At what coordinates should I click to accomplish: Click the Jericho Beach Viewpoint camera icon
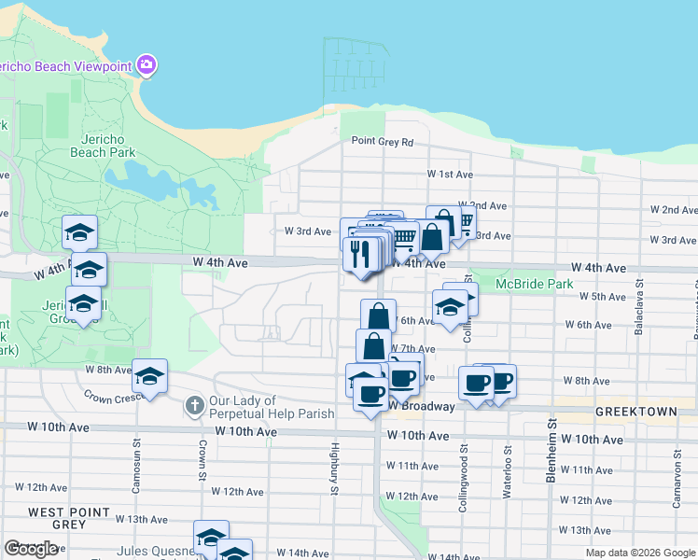pos(146,65)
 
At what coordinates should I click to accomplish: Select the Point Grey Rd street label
pos(382,142)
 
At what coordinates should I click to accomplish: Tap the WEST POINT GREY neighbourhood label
pos(71,518)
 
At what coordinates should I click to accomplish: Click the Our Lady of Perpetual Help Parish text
pos(272,407)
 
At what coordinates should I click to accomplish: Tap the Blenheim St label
pos(551,453)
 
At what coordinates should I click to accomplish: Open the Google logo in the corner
pos(31,549)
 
